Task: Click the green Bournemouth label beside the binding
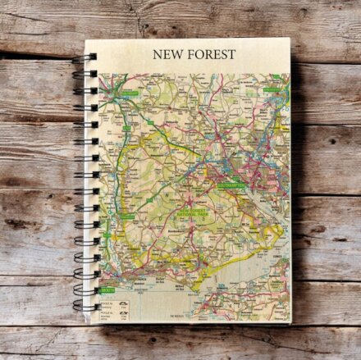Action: coord(107,289)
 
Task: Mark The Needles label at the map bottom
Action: coord(179,315)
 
